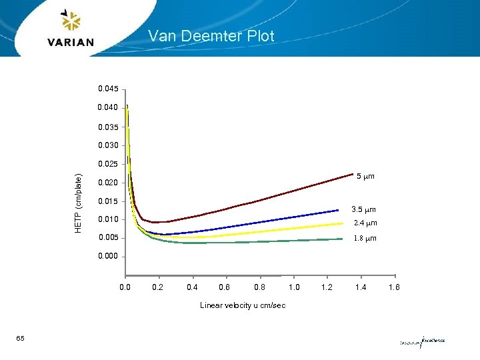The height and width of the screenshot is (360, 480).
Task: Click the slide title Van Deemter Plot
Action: pos(211,36)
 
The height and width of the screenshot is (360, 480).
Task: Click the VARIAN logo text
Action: pos(71,42)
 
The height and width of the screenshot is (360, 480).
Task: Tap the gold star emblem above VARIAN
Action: pos(70,21)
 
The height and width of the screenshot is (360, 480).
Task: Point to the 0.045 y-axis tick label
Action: pos(107,89)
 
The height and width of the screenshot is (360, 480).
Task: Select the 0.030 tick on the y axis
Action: pos(107,145)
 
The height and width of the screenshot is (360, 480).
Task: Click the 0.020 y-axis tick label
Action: pos(107,183)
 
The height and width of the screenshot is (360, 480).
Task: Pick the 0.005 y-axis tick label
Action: pos(107,238)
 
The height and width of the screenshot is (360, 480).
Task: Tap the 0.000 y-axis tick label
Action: pos(107,257)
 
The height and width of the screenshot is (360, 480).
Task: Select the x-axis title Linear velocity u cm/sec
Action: pos(243,306)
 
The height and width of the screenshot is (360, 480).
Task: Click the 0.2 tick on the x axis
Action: pos(157,288)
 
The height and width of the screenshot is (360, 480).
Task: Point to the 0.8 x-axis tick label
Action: pos(260,288)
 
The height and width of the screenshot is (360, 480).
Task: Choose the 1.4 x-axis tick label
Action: pos(361,288)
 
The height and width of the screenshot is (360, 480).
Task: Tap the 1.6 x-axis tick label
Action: pos(395,288)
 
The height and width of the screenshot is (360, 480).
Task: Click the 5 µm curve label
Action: pos(365,177)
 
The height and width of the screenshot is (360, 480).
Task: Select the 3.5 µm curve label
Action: pos(364,209)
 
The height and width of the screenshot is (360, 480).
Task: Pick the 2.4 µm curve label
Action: pos(365,223)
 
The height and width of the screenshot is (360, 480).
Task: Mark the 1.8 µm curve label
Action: pos(365,238)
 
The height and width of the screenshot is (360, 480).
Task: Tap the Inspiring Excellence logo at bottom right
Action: pos(421,341)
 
